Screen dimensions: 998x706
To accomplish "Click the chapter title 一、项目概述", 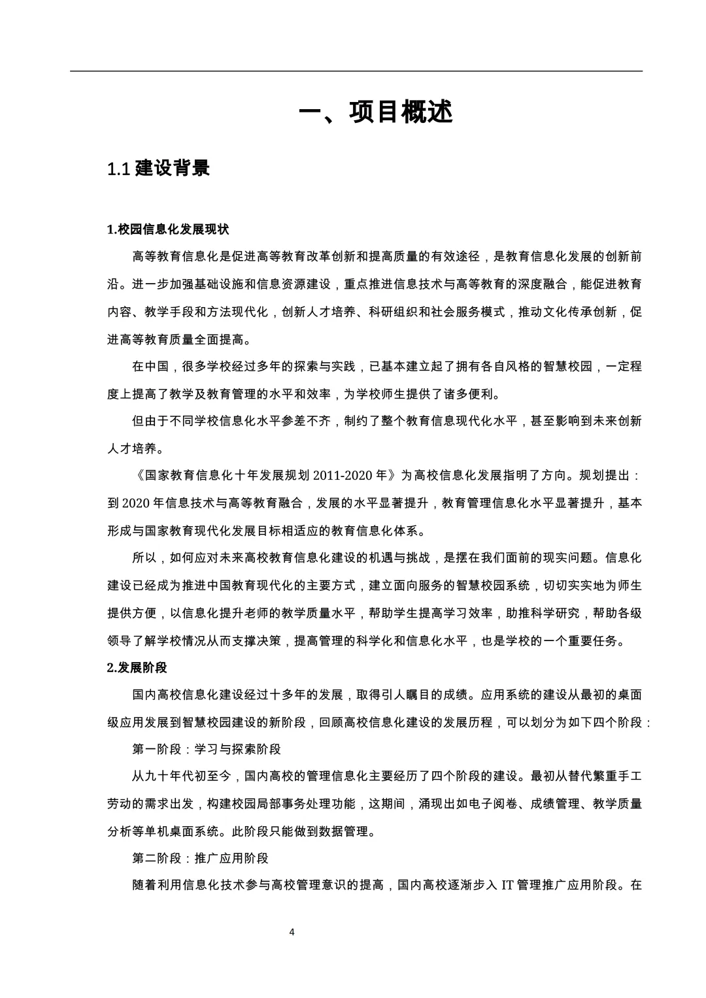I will pyautogui.click(x=375, y=112).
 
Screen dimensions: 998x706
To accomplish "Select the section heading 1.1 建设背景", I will pyautogui.click(x=159, y=169).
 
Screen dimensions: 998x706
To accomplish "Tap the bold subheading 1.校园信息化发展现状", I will pyautogui.click(x=168, y=229).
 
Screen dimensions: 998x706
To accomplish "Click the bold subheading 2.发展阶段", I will pyautogui.click(x=137, y=667).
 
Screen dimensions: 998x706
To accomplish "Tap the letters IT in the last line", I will pyautogui.click(x=506, y=886).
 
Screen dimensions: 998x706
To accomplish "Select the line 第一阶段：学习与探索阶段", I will pyautogui.click(x=207, y=749).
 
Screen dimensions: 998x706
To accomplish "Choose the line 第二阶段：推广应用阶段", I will pyautogui.click(x=200, y=858).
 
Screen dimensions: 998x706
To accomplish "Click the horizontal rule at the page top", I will pyautogui.click(x=356, y=71).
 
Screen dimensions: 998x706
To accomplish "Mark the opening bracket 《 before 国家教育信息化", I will pyautogui.click(x=137, y=476).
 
